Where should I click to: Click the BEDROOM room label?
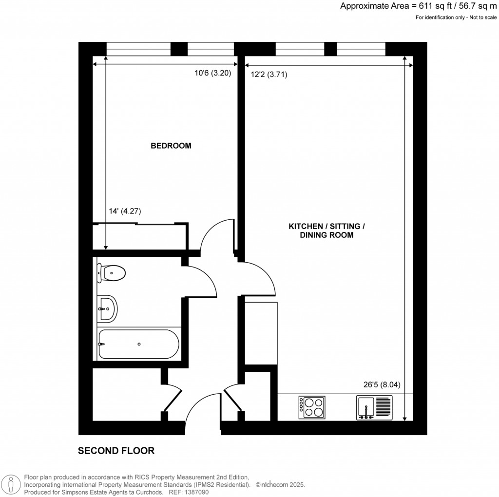pyautogui.click(x=171, y=145)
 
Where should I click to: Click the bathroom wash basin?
pyautogui.click(x=108, y=308)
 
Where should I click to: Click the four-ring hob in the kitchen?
pyautogui.click(x=312, y=407)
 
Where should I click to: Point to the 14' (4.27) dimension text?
pyautogui.click(x=125, y=211)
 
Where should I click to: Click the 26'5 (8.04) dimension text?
pyautogui.click(x=382, y=384)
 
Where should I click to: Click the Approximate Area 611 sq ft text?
pyautogui.click(x=419, y=6)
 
